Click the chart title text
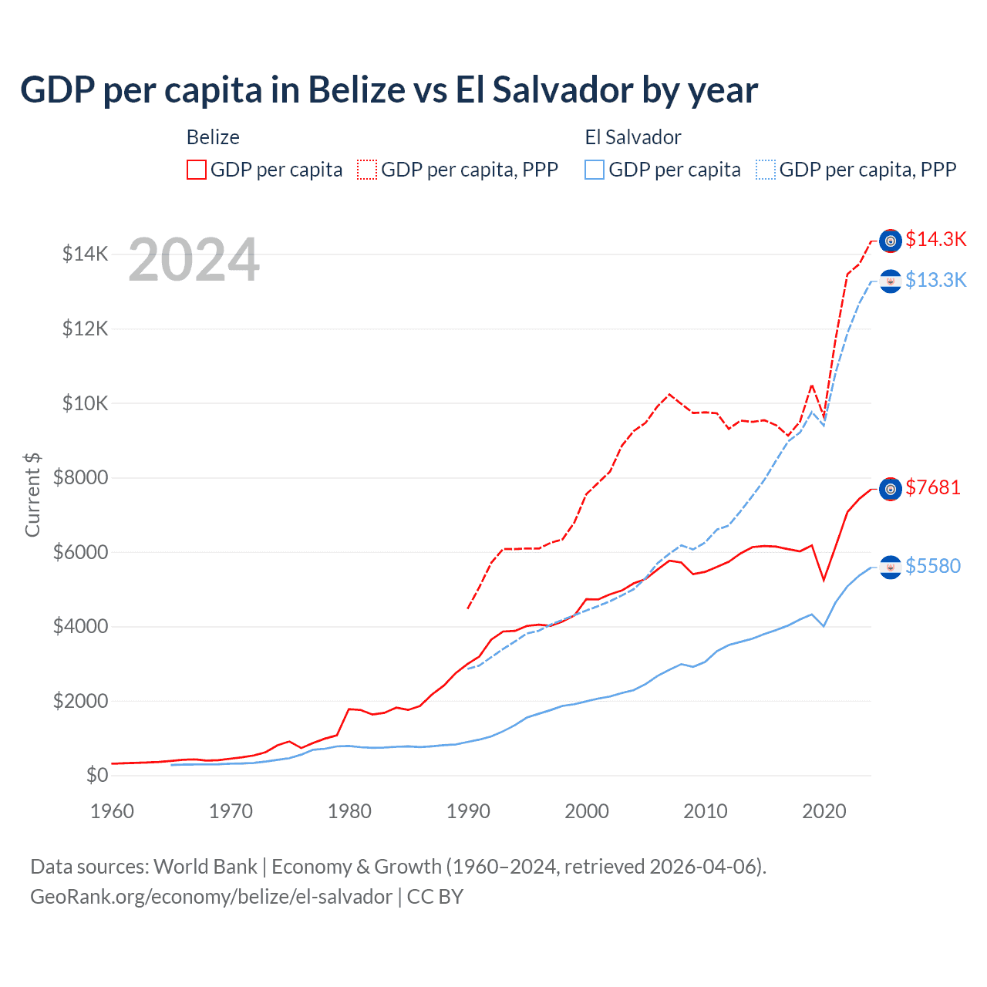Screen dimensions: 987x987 point(389,90)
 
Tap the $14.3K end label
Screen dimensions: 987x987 point(935,239)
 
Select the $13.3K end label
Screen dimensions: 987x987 point(935,280)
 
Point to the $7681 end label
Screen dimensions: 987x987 point(933,487)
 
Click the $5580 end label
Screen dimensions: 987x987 point(933,566)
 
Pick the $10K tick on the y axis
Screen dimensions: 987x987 point(85,403)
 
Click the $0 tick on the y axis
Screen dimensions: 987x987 point(96,775)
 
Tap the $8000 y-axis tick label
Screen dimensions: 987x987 point(80,477)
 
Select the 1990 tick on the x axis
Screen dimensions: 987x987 point(468,811)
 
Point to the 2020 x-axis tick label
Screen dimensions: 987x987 point(824,811)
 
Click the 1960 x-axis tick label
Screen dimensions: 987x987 point(113,811)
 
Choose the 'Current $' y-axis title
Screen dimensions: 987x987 point(32,494)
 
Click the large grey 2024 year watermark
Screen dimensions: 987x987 point(194,260)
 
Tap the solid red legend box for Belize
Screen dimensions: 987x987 point(197,170)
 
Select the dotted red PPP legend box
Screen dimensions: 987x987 point(367,170)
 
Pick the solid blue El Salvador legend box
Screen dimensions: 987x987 point(595,170)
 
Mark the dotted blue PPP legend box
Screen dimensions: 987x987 point(766,170)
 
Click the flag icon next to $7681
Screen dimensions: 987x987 point(891,489)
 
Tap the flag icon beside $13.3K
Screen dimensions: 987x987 point(891,281)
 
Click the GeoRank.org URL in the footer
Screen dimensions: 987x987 point(211,897)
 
